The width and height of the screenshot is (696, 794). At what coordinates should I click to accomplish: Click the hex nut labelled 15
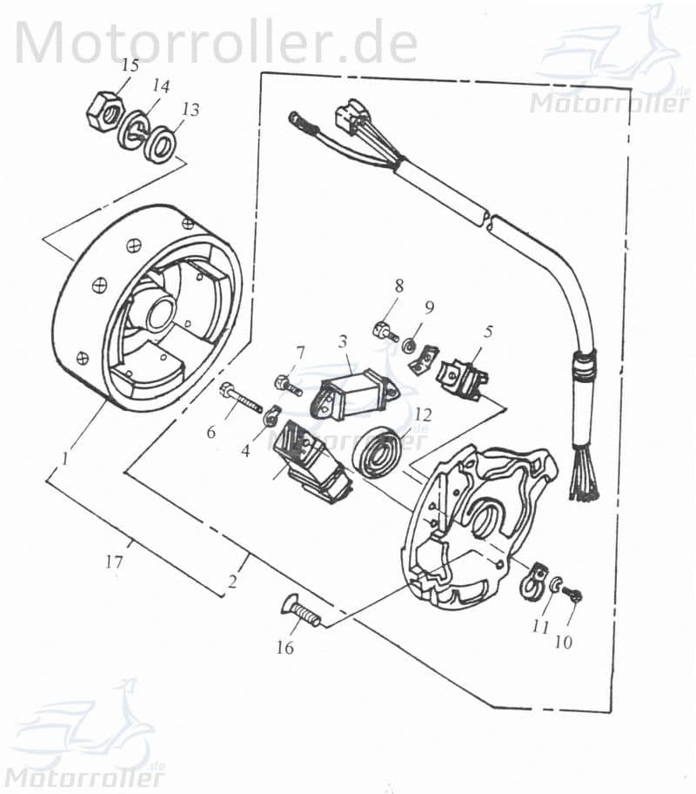(104, 112)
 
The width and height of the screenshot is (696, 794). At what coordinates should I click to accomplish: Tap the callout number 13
(190, 111)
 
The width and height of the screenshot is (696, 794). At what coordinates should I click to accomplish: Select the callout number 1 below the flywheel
(66, 456)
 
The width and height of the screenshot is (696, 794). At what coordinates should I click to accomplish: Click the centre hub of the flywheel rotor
(160, 313)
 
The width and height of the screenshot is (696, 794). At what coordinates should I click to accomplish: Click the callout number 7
(300, 353)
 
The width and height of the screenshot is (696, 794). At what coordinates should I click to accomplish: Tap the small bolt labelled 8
(383, 331)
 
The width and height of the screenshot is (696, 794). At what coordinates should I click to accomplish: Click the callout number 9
(428, 306)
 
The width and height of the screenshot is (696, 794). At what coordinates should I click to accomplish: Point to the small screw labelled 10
(574, 594)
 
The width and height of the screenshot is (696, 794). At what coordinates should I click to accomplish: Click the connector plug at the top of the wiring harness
(348, 119)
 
